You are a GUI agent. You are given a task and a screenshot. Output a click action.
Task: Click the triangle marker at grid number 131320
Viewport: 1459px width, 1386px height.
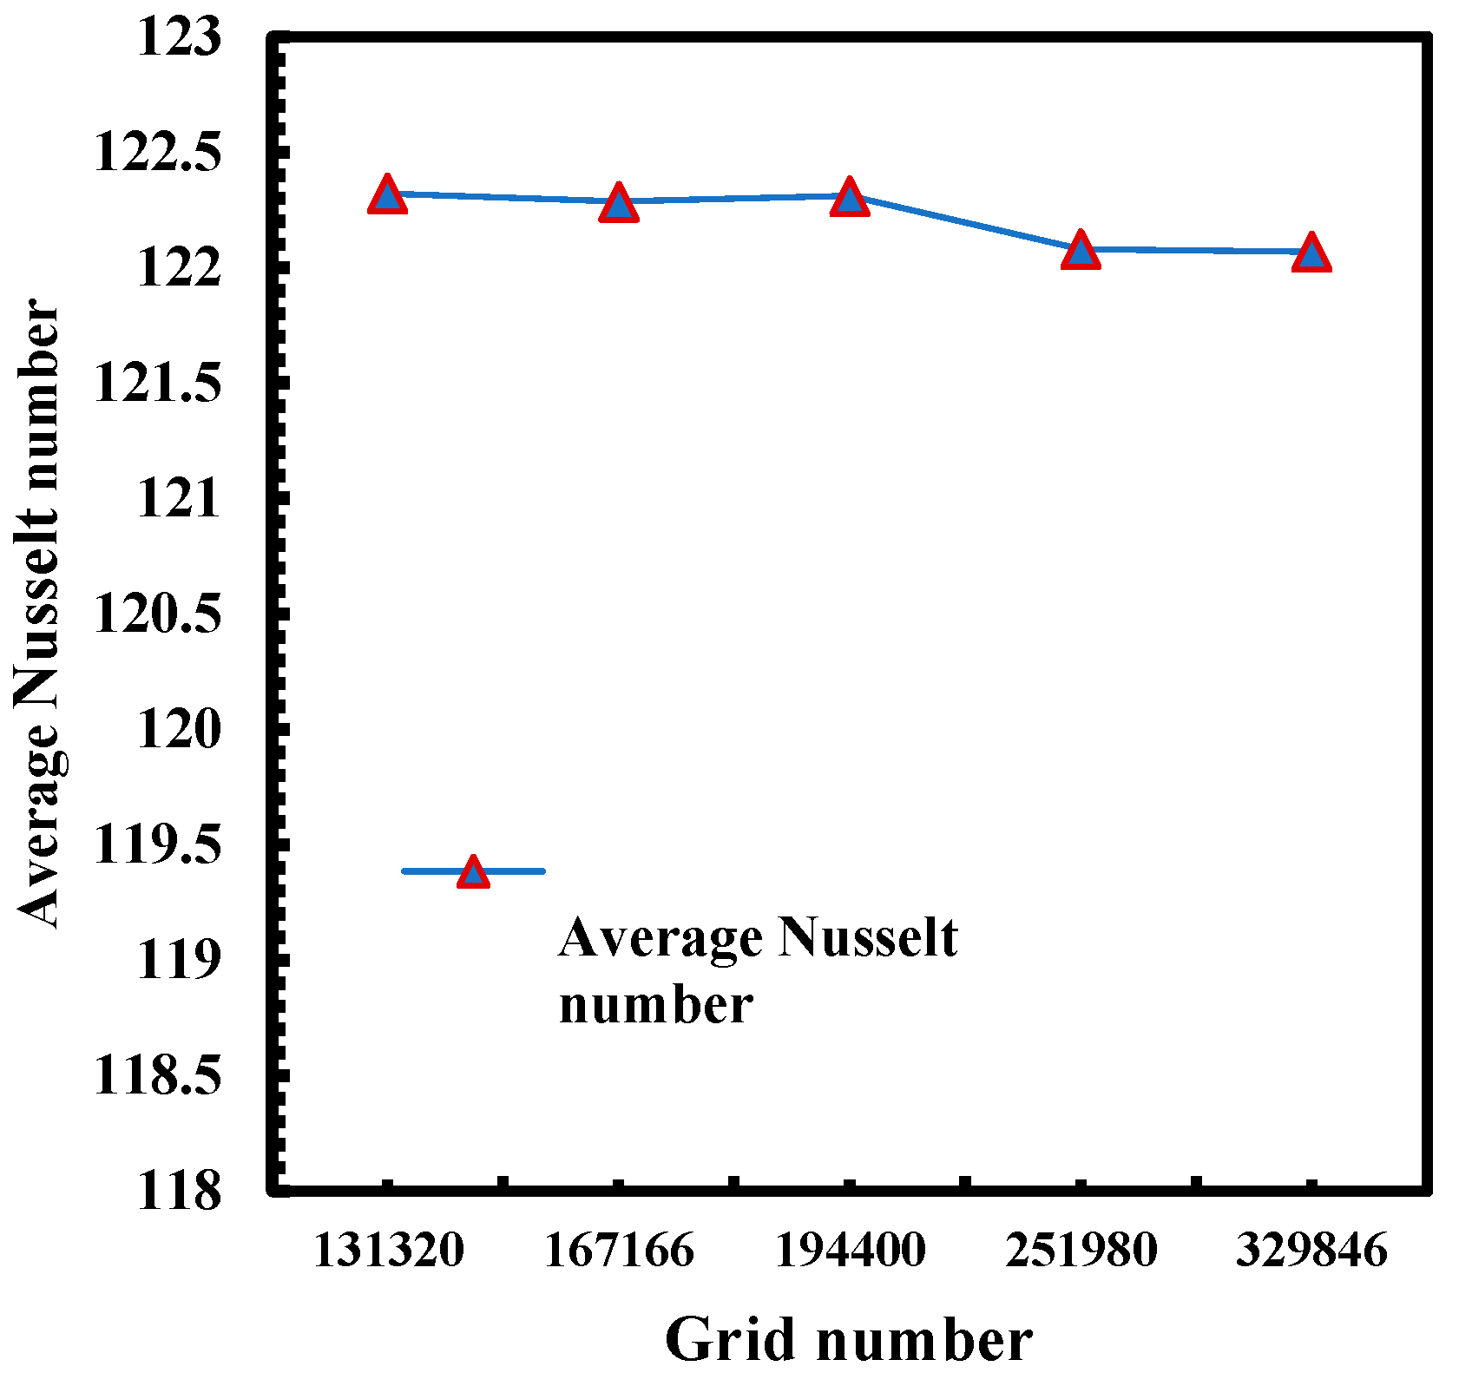point(387,196)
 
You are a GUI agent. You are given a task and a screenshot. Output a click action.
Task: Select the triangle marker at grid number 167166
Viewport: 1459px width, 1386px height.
point(618,204)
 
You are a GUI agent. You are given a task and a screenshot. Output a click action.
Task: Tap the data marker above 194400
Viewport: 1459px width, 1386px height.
point(849,199)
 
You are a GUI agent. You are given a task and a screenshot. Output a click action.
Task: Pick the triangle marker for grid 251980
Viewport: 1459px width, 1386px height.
point(1081,252)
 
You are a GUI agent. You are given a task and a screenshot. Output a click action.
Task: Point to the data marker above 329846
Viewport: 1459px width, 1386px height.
point(1311,254)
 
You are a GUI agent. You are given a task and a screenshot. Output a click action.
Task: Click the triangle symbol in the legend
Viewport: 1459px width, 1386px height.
point(473,871)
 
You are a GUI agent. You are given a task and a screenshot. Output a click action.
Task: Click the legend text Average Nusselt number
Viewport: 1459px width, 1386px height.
point(758,970)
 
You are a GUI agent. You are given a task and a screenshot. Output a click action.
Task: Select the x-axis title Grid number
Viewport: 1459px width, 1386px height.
point(848,1339)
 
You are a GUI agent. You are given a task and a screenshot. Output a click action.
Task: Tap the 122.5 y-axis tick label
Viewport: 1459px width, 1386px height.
point(157,154)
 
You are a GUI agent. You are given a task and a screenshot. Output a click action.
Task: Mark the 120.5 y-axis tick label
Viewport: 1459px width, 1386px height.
point(157,614)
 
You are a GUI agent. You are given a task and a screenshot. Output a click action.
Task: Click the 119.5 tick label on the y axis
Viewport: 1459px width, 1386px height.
point(157,844)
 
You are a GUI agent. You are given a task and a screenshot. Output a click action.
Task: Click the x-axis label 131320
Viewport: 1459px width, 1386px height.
point(387,1251)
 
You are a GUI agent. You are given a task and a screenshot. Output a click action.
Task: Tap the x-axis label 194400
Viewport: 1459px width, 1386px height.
point(849,1251)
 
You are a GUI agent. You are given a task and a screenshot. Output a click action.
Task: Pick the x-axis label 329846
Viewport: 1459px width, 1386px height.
point(1311,1251)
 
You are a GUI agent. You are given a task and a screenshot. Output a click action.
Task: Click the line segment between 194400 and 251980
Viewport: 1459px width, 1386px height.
point(965,224)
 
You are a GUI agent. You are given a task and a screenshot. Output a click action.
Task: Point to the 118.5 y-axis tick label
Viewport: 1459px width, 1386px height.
point(157,1075)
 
